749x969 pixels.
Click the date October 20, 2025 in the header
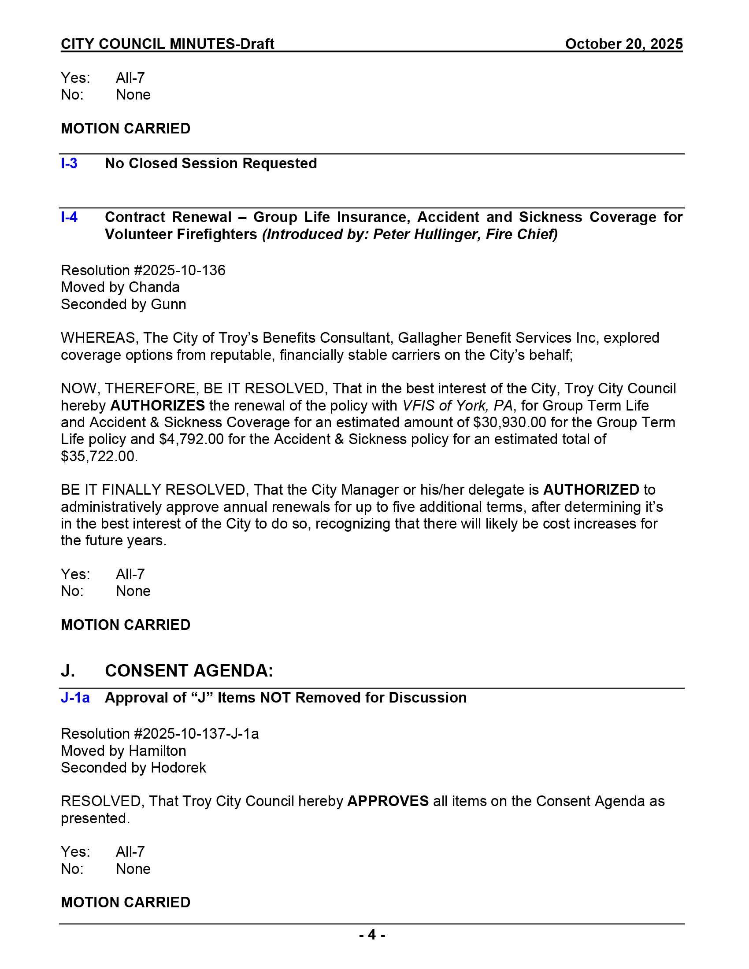click(623, 44)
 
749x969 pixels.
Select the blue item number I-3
click(69, 163)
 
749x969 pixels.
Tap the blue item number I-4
click(69, 217)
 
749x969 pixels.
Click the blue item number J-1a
click(75, 698)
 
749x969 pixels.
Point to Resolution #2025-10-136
click(143, 270)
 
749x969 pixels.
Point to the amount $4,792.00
click(191, 439)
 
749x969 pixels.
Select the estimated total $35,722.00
click(100, 456)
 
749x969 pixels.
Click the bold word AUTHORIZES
click(157, 405)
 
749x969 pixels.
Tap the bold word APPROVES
click(388, 801)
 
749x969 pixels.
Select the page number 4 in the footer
click(372, 935)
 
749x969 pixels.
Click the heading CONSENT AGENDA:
click(189, 671)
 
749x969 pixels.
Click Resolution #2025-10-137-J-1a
click(160, 734)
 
